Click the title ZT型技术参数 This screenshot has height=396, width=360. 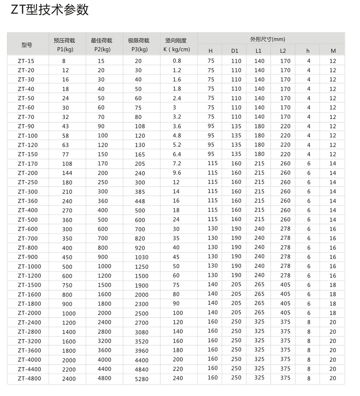50,10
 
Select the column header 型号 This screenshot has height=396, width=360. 27,45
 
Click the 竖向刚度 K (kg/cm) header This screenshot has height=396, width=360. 176,45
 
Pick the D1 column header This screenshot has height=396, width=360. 235,51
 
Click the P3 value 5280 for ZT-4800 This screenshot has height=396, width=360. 141,379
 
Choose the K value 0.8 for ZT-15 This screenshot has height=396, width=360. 177,61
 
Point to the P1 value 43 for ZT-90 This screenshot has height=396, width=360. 65,126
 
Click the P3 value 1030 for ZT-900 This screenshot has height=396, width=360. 141,258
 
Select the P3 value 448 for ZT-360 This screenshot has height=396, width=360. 140,201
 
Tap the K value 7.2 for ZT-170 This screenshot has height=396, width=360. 177,164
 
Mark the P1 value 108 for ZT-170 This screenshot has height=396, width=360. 67,164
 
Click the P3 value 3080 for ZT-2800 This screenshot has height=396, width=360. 141,332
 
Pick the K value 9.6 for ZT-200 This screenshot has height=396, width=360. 177,173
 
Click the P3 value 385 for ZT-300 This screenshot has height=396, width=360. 140,192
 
